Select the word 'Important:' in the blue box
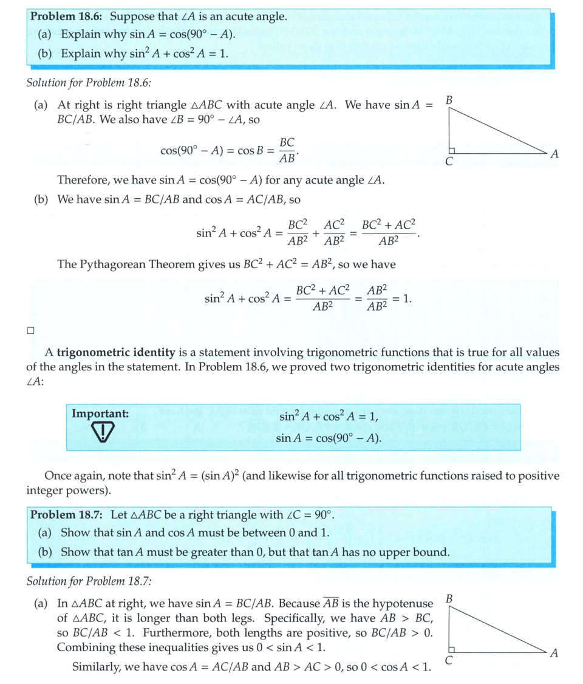100,414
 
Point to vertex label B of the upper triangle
449,99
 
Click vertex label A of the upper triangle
553,154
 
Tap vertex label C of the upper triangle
449,162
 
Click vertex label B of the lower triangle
449,599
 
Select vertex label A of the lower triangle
553,654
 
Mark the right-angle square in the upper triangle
452,150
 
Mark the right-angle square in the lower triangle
452,648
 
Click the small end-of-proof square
30,331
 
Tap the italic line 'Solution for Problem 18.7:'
89,581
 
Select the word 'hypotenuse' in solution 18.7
402,604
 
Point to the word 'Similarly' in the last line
97,666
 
